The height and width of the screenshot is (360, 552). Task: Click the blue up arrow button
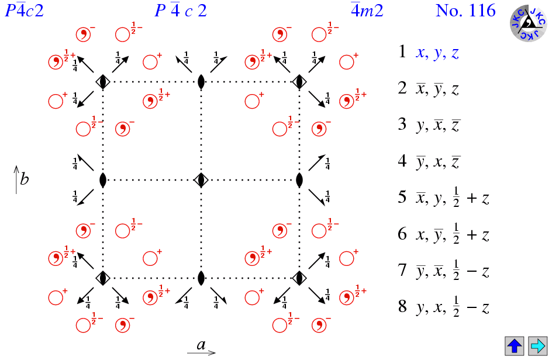(x=515, y=345)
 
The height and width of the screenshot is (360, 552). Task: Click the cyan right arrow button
(x=537, y=345)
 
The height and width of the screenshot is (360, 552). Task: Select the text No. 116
(x=465, y=11)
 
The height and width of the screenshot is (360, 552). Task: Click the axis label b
(x=24, y=179)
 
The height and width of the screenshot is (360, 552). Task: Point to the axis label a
(x=201, y=345)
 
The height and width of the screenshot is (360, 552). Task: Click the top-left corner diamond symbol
(x=103, y=82)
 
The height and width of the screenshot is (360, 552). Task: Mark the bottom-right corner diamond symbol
(x=299, y=278)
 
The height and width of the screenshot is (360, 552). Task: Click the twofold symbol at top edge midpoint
(x=201, y=82)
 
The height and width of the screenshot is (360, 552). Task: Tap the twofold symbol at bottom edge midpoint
(x=201, y=278)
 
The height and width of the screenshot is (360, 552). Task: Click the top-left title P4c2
(x=25, y=11)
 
